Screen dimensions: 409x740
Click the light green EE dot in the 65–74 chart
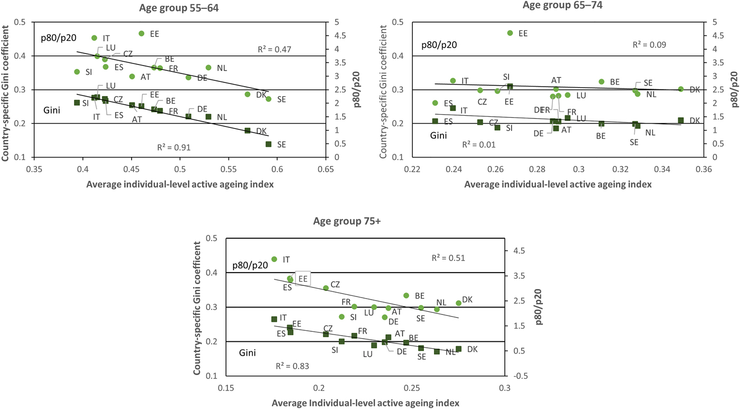[x=510, y=33]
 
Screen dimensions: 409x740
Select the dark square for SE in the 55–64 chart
[x=269, y=144]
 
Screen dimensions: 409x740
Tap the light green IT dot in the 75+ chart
[x=274, y=259]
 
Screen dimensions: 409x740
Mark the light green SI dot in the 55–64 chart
[x=77, y=72]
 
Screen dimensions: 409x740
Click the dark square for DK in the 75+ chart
[x=458, y=349]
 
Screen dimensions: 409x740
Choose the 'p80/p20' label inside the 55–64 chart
[x=59, y=38]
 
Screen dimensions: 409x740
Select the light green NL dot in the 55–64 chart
[x=208, y=68]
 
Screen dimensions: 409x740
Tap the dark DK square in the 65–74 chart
[x=681, y=120]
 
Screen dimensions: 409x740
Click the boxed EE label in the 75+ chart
[x=303, y=278]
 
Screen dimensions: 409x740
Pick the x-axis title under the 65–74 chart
[x=558, y=184]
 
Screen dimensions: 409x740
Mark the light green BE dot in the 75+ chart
[x=406, y=296]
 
